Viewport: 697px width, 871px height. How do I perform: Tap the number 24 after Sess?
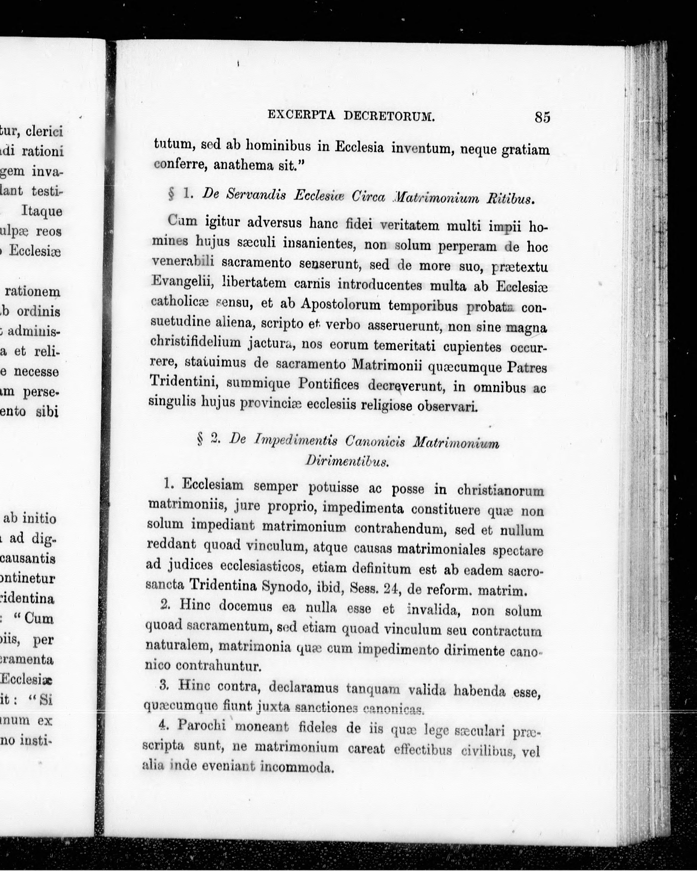click(x=391, y=589)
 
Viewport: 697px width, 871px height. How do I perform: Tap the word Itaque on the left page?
click(x=41, y=211)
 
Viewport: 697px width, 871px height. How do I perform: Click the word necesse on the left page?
click(x=37, y=371)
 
